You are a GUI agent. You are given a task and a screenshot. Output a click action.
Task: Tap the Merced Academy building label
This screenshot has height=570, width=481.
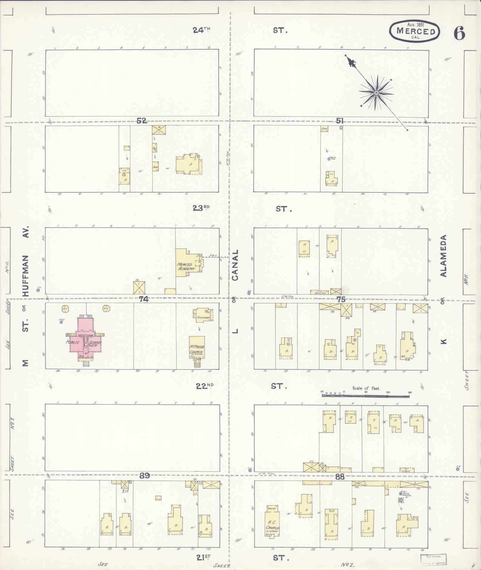click(186, 266)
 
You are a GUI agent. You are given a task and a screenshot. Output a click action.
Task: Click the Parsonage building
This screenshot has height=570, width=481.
click(204, 315)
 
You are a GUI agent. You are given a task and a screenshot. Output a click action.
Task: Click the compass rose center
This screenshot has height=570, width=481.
click(376, 93)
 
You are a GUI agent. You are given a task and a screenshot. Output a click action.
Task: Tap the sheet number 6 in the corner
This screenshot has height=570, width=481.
click(459, 33)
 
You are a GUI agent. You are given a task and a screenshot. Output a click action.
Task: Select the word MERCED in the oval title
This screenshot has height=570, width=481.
click(416, 31)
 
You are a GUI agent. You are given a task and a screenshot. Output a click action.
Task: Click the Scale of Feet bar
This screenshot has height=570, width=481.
click(366, 396)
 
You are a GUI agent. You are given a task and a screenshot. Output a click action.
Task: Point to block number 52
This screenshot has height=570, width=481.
click(142, 121)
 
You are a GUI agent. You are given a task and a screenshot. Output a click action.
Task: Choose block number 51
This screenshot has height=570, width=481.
click(340, 121)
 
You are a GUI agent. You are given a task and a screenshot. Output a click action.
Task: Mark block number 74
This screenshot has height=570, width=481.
click(143, 299)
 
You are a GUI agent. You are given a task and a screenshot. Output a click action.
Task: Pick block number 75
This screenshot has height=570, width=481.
click(341, 299)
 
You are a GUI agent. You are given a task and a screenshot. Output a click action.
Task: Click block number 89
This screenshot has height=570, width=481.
click(145, 476)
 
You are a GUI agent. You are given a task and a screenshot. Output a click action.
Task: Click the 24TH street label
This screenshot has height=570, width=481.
click(202, 30)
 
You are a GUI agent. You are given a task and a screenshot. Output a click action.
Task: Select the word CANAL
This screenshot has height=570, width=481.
click(235, 265)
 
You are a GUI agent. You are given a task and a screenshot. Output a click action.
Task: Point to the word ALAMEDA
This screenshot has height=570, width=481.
click(444, 256)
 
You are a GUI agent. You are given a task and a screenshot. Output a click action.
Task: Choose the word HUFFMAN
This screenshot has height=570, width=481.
click(26, 276)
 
